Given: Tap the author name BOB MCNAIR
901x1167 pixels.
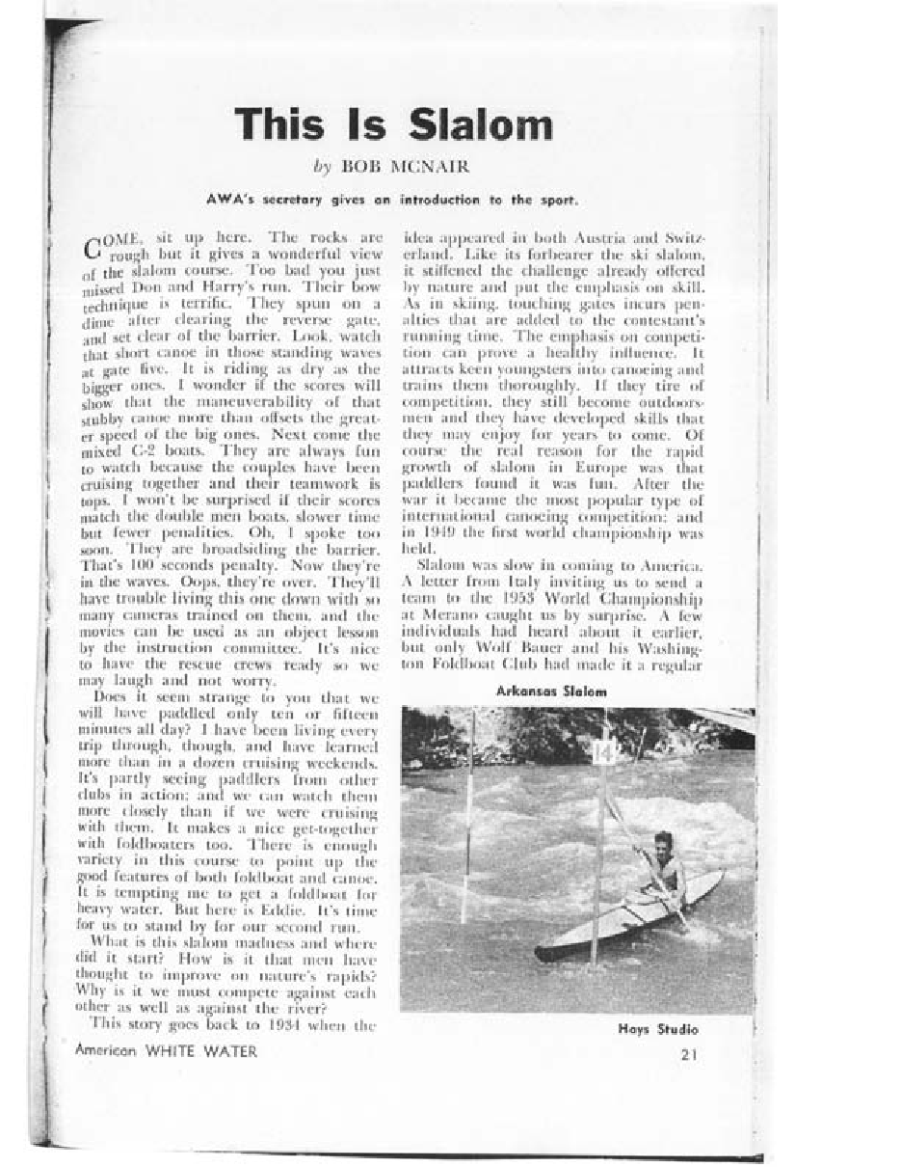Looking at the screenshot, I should [405, 167].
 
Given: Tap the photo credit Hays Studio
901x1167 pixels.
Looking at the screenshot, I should [658, 1029].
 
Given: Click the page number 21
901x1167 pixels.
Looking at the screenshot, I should [688, 1053].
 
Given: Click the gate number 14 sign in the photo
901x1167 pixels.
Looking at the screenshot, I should [603, 751].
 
